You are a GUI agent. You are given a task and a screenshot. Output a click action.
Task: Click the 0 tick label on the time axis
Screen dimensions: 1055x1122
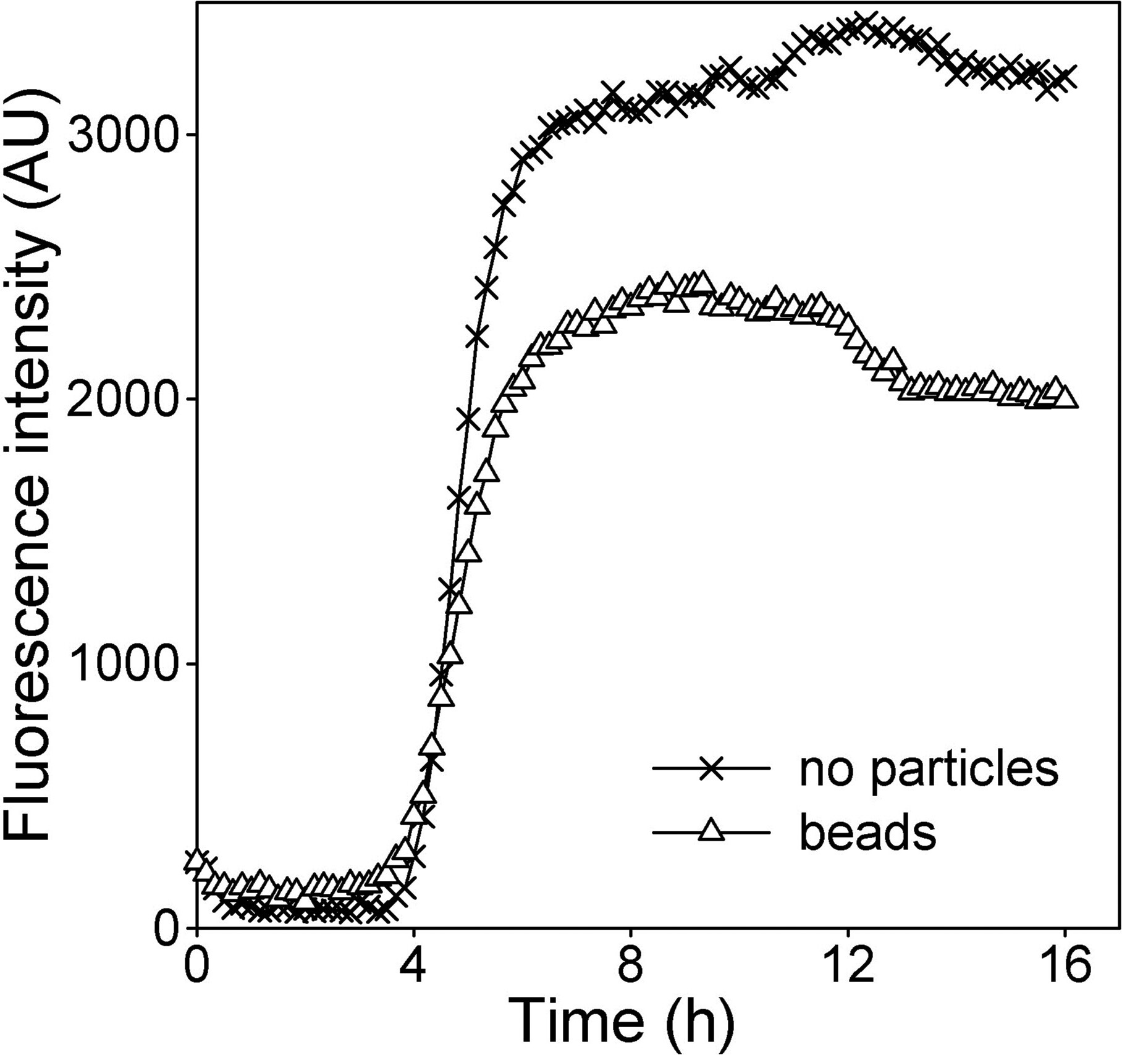[196, 967]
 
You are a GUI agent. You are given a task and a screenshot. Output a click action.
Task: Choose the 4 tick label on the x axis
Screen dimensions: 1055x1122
[413, 967]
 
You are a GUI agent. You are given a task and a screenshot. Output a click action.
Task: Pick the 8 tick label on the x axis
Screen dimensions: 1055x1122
[631, 967]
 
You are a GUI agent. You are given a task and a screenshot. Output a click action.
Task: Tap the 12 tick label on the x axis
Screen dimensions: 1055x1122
[848, 967]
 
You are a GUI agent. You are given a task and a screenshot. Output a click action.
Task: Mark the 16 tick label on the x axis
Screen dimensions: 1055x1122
[1065, 967]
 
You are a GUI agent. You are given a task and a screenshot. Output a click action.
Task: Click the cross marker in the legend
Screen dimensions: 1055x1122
[712, 768]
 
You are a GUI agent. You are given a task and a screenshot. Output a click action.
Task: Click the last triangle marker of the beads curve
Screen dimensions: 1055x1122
[1066, 399]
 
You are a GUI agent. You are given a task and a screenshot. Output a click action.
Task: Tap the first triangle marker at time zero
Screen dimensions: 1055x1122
[196, 859]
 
